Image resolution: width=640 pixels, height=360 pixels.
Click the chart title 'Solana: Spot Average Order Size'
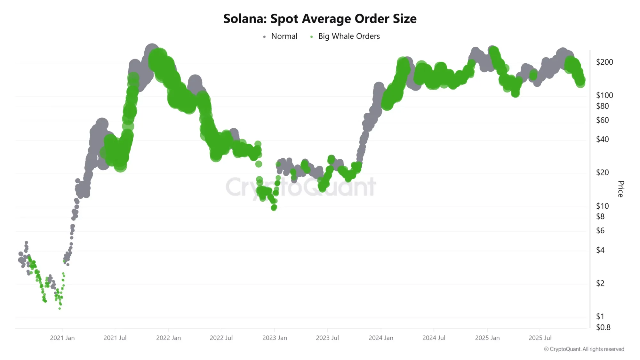point(320,19)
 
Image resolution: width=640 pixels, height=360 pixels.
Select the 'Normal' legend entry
point(284,36)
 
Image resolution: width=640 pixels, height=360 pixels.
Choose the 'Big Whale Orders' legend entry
point(349,36)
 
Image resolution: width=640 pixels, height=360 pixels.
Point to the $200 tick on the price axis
point(604,62)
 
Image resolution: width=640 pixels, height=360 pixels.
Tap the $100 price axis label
point(604,95)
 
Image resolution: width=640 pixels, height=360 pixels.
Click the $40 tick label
point(602,140)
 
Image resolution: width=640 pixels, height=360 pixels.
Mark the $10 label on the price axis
point(602,206)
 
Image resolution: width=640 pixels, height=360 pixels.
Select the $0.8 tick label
point(603,327)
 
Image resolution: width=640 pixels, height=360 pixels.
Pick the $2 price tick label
point(600,284)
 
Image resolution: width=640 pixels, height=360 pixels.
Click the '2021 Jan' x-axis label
point(62,338)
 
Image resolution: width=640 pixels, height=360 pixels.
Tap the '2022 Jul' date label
point(221,338)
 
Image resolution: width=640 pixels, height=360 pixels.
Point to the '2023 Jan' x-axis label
point(275,338)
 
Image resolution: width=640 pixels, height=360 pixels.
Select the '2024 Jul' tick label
point(434,338)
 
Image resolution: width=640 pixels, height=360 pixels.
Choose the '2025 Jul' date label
point(540,338)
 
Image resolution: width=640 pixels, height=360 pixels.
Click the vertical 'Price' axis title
point(620,189)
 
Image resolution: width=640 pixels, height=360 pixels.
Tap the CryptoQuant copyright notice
point(584,349)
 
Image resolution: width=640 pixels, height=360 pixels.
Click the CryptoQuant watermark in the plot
point(301,187)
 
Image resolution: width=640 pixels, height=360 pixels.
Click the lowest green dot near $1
point(60,308)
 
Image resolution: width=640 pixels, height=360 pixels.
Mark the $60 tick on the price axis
point(602,120)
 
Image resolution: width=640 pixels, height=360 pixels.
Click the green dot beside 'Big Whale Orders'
point(311,37)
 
